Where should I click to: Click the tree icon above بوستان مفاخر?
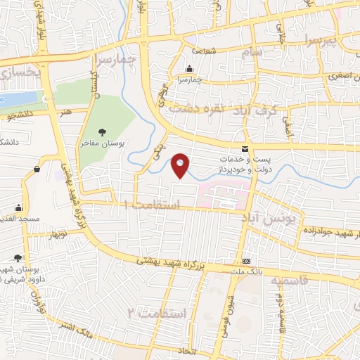point(103,131)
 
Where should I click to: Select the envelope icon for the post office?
point(245,148)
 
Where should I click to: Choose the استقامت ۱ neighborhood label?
point(151,203)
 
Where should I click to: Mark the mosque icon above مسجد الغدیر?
point(19,208)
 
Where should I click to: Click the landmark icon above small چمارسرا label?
point(189,69)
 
